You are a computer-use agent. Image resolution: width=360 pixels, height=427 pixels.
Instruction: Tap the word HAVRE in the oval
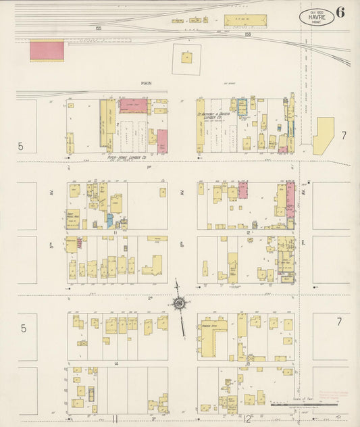tap(317, 16)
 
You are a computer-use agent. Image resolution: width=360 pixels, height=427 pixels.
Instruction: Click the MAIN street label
tap(145, 84)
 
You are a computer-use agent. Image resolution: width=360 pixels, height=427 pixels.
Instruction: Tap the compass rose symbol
tap(178, 303)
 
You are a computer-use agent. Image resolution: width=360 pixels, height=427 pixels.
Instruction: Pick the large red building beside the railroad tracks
tap(47, 50)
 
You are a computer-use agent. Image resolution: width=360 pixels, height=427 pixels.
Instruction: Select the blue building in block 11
tap(110, 220)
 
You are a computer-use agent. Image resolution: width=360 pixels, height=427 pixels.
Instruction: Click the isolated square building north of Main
tap(186, 59)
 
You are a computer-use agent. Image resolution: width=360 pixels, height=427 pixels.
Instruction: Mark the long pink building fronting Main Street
tap(134, 105)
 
